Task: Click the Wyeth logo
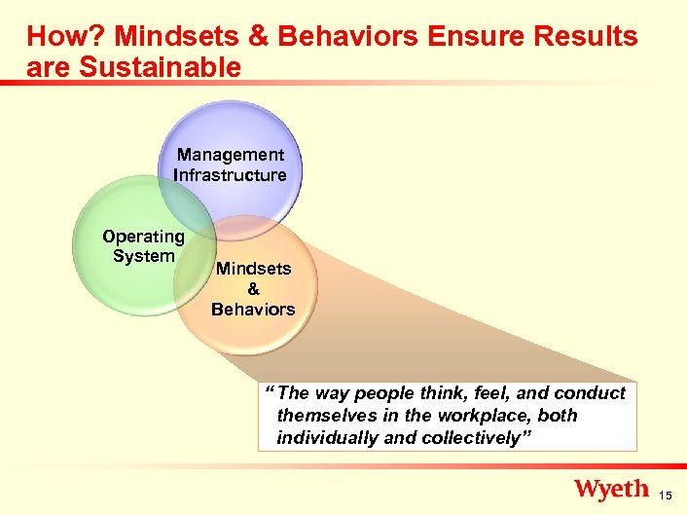click(x=610, y=489)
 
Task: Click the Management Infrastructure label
click(x=230, y=165)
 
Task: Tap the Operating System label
click(x=143, y=246)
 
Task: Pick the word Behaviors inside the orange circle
click(x=253, y=310)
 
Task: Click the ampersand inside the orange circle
click(x=253, y=289)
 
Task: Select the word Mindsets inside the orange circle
click(x=253, y=268)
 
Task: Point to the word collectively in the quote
click(x=476, y=438)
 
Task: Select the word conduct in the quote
click(x=590, y=393)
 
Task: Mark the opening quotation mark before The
click(x=271, y=391)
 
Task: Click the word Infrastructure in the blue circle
click(x=230, y=175)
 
